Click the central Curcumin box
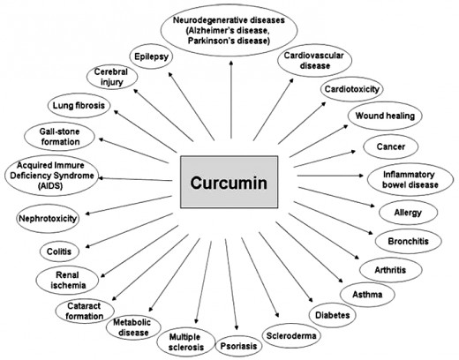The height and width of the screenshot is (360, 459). click(229, 182)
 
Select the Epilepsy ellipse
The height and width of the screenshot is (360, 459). click(151, 56)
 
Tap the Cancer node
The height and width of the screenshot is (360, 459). click(391, 146)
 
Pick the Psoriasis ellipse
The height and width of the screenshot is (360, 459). click(238, 346)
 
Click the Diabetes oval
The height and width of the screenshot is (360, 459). click(333, 315)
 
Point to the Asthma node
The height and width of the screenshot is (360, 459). click(367, 294)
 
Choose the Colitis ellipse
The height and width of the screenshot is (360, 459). click(59, 251)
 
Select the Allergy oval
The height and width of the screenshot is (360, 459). click(408, 213)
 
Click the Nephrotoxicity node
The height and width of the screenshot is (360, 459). click(48, 219)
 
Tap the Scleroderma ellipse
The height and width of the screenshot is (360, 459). click(291, 335)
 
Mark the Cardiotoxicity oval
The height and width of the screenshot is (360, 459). click(352, 89)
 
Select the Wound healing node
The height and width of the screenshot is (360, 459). click(385, 116)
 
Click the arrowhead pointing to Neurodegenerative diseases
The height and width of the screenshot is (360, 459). click(231, 63)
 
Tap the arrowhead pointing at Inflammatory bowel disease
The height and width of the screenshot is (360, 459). click(361, 176)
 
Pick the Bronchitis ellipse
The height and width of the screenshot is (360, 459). click(408, 241)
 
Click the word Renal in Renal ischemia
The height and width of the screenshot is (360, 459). click(67, 275)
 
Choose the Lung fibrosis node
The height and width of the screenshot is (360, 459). click(79, 105)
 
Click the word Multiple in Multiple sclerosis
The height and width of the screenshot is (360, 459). click(184, 337)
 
